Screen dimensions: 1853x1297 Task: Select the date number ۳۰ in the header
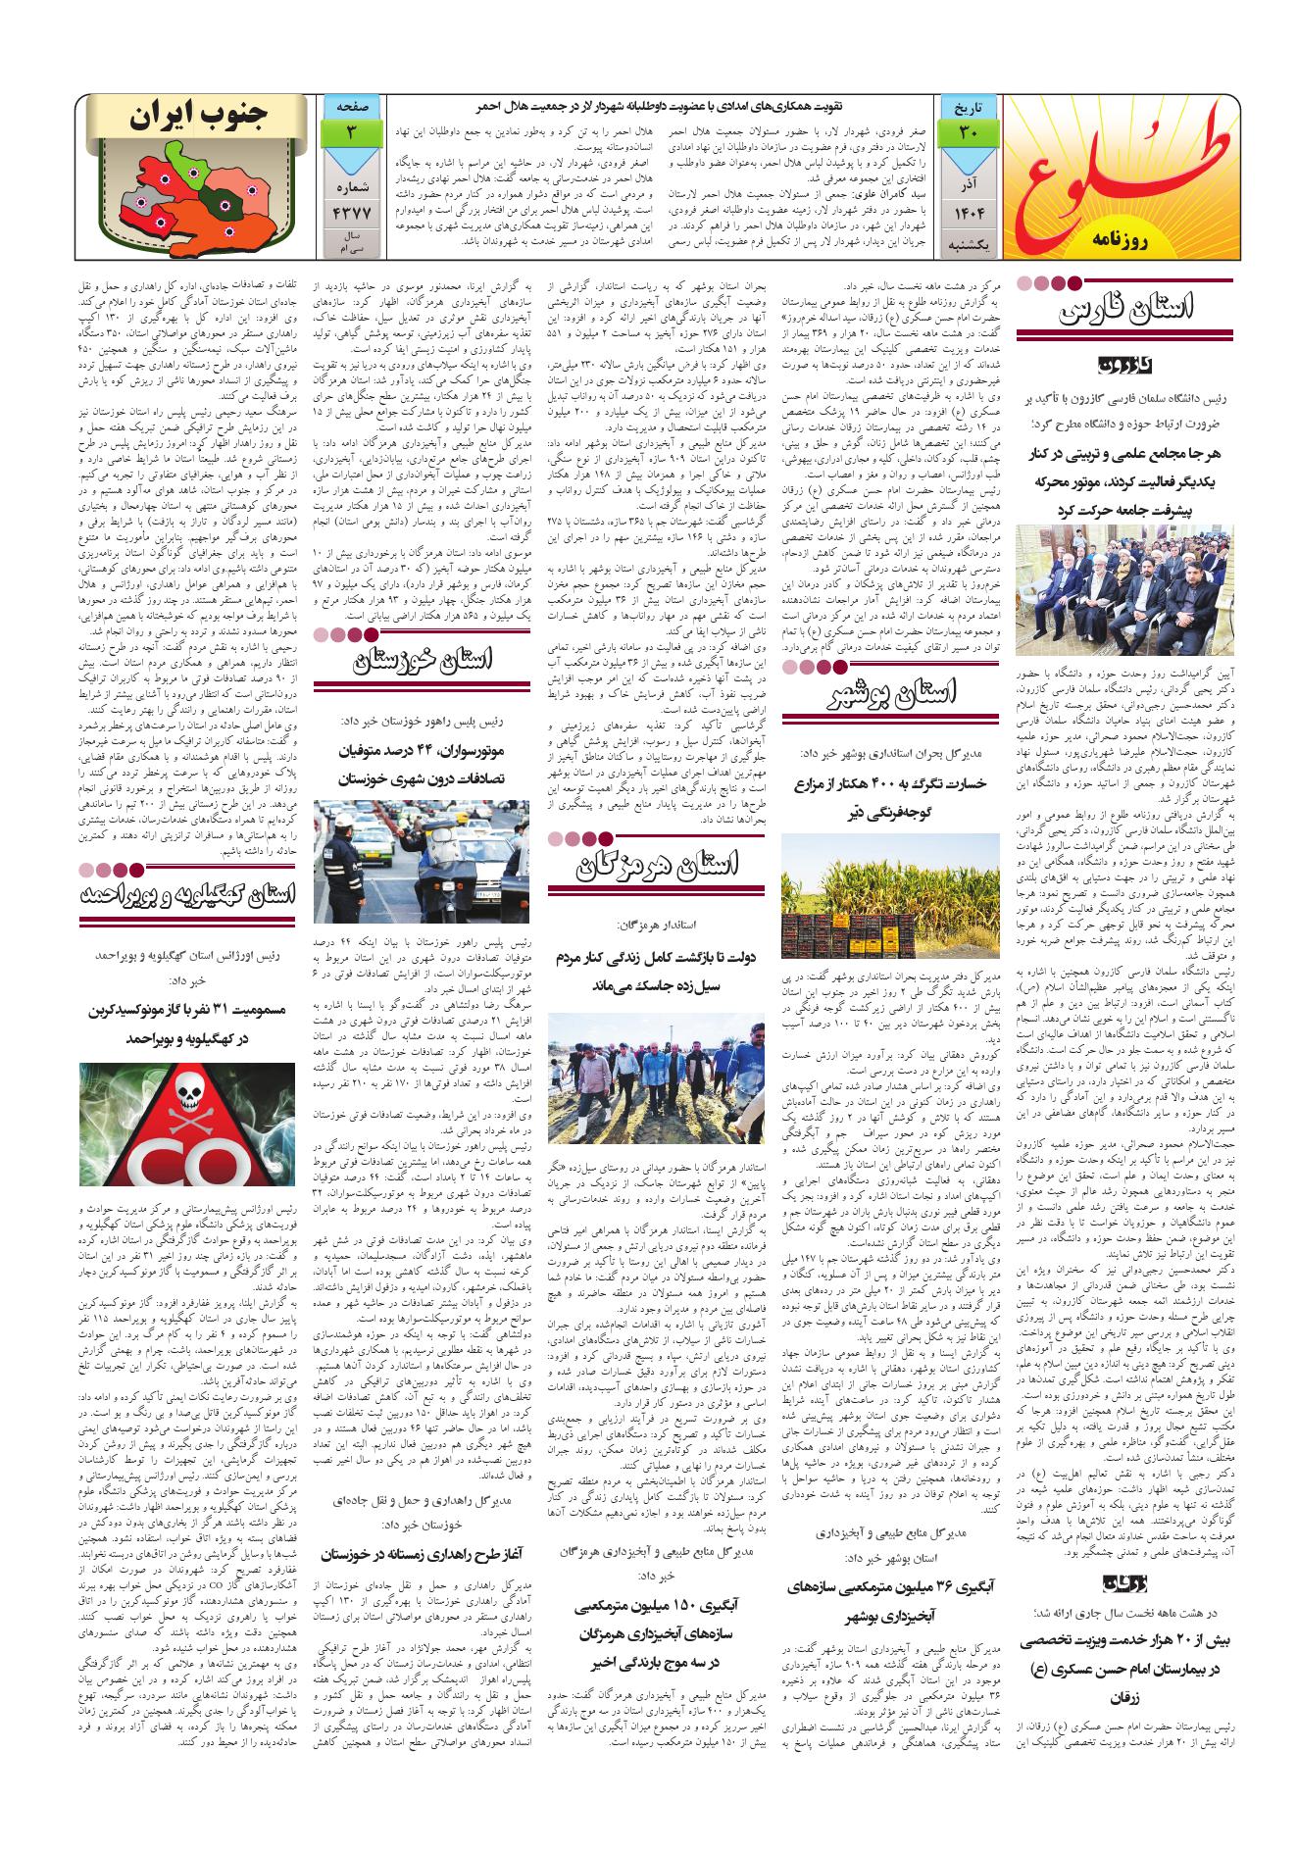coord(968,132)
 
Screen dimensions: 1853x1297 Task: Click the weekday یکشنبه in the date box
coord(968,242)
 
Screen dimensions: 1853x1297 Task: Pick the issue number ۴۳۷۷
coord(350,214)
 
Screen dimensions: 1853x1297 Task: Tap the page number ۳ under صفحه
coord(350,132)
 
